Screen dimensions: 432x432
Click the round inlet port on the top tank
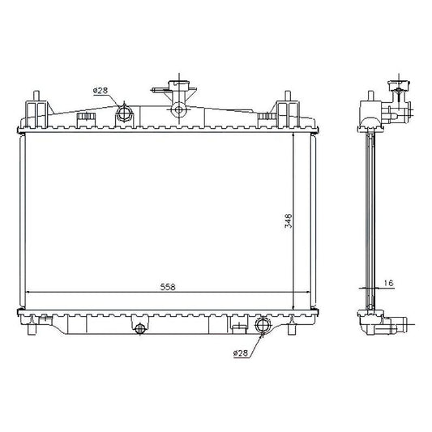(126, 112)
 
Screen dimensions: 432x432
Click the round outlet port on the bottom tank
(263, 327)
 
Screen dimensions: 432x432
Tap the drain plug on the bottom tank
(139, 328)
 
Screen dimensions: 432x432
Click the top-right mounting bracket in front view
(286, 109)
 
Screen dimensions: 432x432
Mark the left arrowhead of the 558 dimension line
(30, 292)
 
